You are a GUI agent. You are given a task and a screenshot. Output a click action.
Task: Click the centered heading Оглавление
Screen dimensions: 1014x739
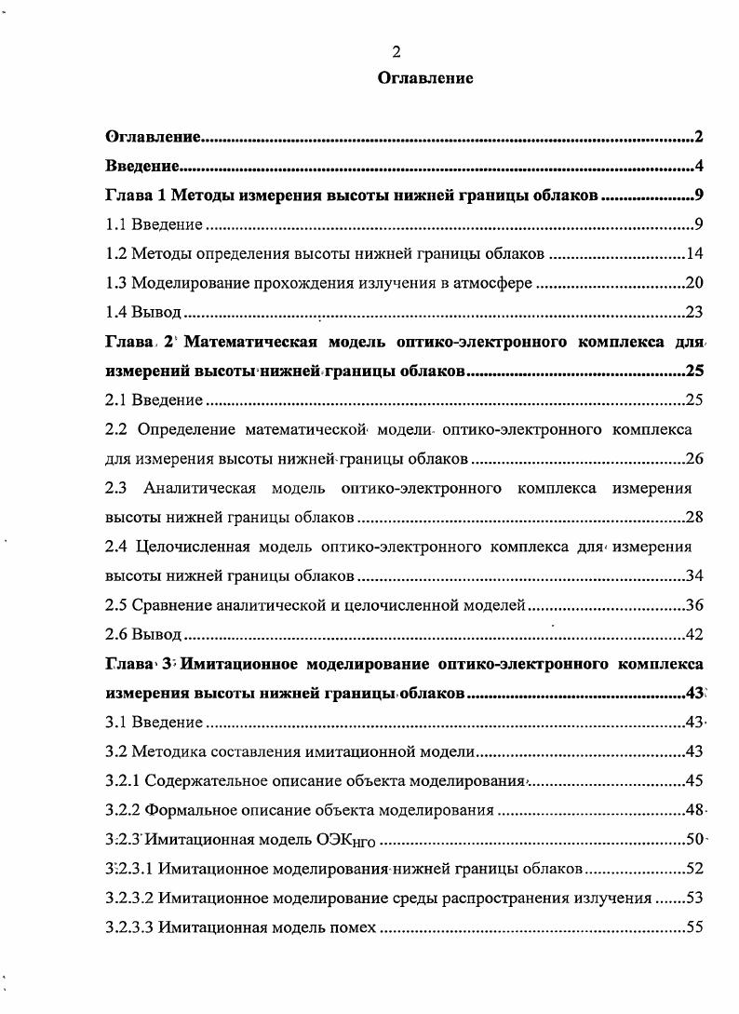click(x=425, y=79)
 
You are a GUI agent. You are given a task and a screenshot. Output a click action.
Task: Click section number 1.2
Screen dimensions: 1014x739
click(x=115, y=254)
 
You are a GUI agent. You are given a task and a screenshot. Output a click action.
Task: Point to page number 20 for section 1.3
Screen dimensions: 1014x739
click(x=693, y=283)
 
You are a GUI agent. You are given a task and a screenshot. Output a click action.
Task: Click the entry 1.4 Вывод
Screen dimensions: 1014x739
click(x=142, y=312)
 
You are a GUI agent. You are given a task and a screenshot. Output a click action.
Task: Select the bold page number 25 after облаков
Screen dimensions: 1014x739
click(x=693, y=372)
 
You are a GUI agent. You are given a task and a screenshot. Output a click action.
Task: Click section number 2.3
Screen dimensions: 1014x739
click(x=115, y=488)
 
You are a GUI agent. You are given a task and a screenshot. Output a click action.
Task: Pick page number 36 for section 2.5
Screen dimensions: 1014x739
click(x=693, y=605)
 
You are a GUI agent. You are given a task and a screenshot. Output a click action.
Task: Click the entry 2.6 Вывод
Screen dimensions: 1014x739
click(x=142, y=635)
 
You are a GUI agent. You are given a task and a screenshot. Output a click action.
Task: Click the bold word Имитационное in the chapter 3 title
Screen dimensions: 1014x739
click(x=246, y=665)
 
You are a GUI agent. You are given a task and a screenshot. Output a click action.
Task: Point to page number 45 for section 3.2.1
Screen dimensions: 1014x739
click(x=693, y=781)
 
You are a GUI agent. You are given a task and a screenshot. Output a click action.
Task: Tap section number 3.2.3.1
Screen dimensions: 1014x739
click(x=128, y=870)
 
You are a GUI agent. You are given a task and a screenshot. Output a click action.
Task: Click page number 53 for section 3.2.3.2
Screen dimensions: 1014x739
click(x=693, y=899)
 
